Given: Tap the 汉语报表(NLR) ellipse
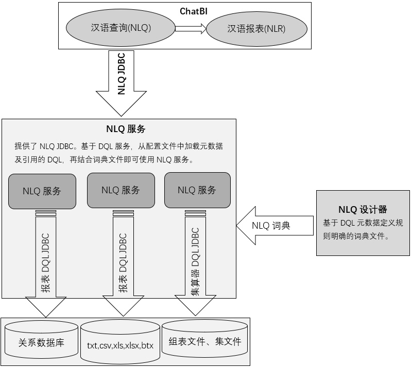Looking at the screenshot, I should [256, 29].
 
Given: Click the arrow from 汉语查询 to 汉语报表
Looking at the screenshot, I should [190, 29].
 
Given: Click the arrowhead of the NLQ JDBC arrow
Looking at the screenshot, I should [122, 105].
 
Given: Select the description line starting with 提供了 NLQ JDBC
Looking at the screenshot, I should [118, 146].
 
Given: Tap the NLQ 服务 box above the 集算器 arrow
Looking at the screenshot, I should [196, 190].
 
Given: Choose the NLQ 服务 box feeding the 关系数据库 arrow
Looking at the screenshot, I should [42, 191].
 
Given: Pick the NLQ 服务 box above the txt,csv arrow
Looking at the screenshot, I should [121, 190].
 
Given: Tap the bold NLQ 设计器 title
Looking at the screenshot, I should [363, 210].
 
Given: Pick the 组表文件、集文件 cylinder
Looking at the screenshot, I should [204, 341].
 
